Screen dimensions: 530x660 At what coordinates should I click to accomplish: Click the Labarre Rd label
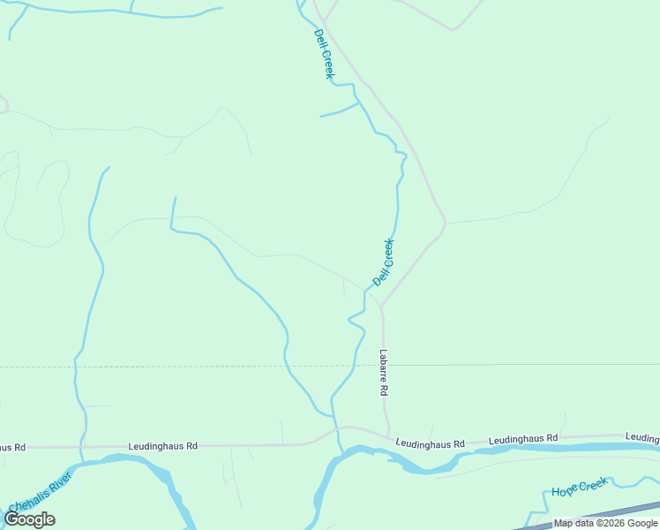(384, 372)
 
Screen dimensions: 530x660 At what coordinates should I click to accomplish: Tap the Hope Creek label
(580, 487)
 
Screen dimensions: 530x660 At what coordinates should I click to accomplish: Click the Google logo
(29, 519)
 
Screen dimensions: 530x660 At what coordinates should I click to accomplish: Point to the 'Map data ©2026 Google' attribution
(605, 523)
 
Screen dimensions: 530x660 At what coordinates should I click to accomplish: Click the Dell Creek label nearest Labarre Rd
(384, 262)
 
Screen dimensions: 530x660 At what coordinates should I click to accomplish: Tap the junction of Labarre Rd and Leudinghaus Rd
(387, 435)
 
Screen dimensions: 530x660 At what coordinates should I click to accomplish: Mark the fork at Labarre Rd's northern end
(381, 306)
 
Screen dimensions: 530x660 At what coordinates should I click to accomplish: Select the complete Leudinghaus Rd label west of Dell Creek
(162, 447)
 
